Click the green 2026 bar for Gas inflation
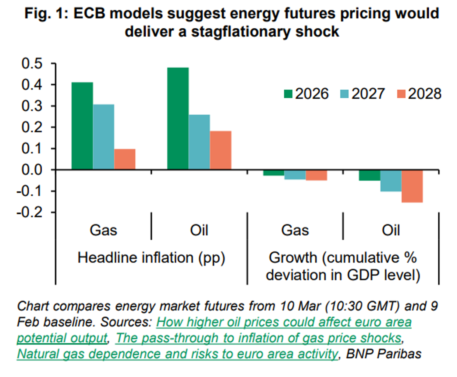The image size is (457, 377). pyautogui.click(x=82, y=126)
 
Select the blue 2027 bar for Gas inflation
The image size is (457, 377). pyautogui.click(x=104, y=137)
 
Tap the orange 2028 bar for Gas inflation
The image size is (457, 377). pyautogui.click(x=125, y=159)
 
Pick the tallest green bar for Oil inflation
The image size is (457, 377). pyautogui.click(x=178, y=118)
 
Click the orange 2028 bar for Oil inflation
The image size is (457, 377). pyautogui.click(x=221, y=150)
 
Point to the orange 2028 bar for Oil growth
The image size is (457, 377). pyautogui.click(x=412, y=186)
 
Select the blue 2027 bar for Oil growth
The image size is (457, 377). pyautogui.click(x=391, y=181)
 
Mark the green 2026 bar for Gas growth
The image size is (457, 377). pyautogui.click(x=274, y=173)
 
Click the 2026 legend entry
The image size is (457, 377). pyautogui.click(x=306, y=94)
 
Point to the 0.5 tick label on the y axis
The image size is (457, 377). pyautogui.click(x=32, y=64)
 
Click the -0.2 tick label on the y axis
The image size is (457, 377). pyautogui.click(x=30, y=212)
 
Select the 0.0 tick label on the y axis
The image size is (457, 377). pyautogui.click(x=32, y=170)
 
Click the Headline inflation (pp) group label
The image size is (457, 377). pyautogui.click(x=151, y=258)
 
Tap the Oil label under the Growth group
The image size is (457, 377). pyautogui.click(x=391, y=230)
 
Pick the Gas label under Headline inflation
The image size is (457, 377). pyautogui.click(x=103, y=230)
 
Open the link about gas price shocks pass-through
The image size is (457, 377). pyautogui.click(x=258, y=338)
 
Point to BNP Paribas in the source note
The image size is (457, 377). pyautogui.click(x=384, y=354)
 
